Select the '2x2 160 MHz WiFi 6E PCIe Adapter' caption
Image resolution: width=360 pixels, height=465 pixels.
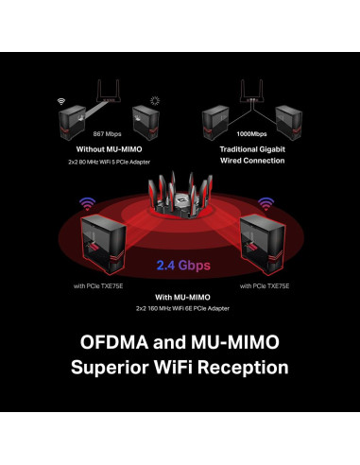coord(179,309)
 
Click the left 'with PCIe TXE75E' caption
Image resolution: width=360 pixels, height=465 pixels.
coord(99,285)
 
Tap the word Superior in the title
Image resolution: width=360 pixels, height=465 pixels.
coord(114,367)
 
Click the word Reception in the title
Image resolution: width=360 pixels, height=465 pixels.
coord(239,367)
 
